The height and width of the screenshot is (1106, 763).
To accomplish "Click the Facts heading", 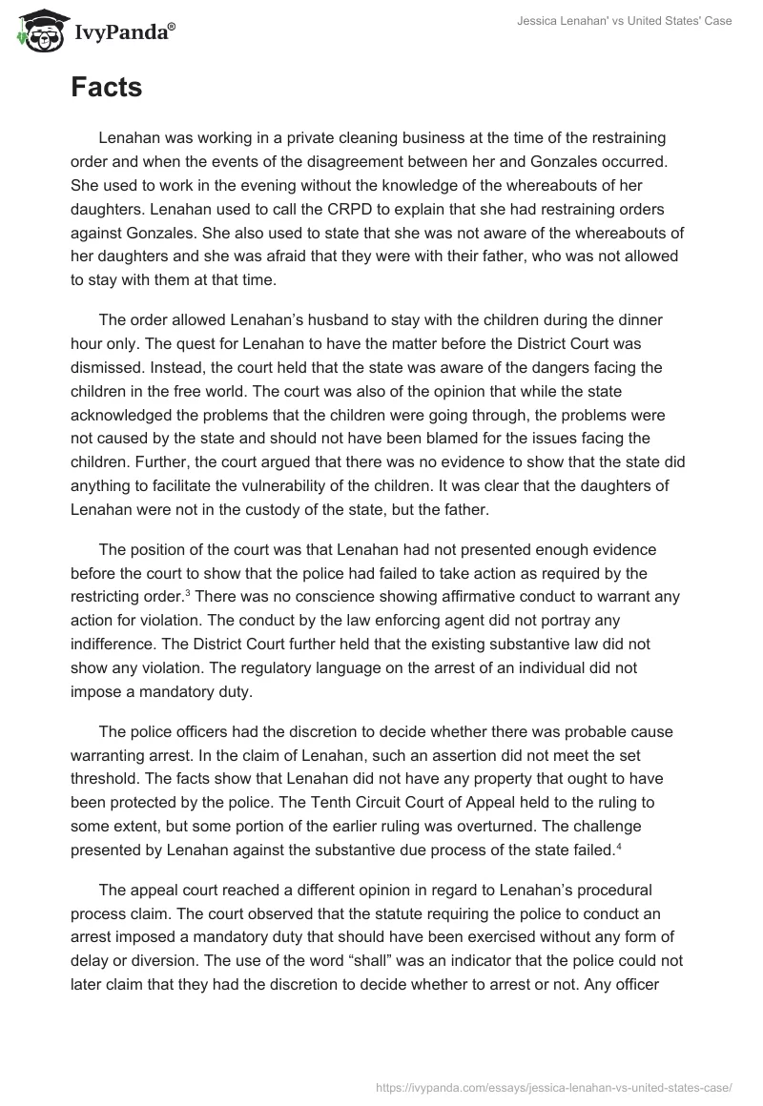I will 106,88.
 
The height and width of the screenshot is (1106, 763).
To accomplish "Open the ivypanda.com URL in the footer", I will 555,1086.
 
